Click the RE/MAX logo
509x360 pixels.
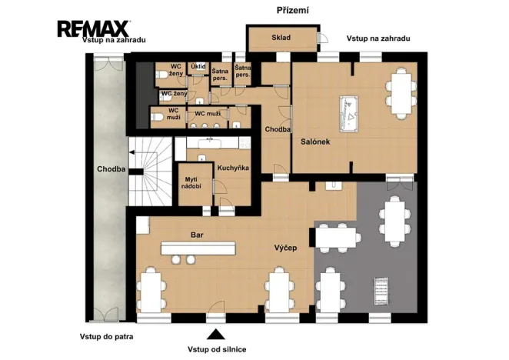point(94,28)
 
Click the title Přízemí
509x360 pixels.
point(292,11)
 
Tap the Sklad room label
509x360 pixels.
point(281,38)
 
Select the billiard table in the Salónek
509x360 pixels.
point(349,114)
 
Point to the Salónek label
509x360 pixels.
point(315,142)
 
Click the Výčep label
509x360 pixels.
point(286,248)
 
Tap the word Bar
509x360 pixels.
point(197,235)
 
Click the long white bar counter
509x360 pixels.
point(198,248)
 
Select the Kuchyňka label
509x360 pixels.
point(233,168)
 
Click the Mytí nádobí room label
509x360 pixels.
point(191,183)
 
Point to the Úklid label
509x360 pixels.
point(198,67)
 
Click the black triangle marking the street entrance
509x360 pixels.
point(216,335)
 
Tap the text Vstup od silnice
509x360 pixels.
point(217,349)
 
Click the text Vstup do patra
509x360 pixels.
point(106,337)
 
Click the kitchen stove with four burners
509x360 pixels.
point(245,142)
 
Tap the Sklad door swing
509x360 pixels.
point(323,38)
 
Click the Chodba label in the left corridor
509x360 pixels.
point(111,169)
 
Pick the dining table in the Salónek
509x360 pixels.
point(401,93)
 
